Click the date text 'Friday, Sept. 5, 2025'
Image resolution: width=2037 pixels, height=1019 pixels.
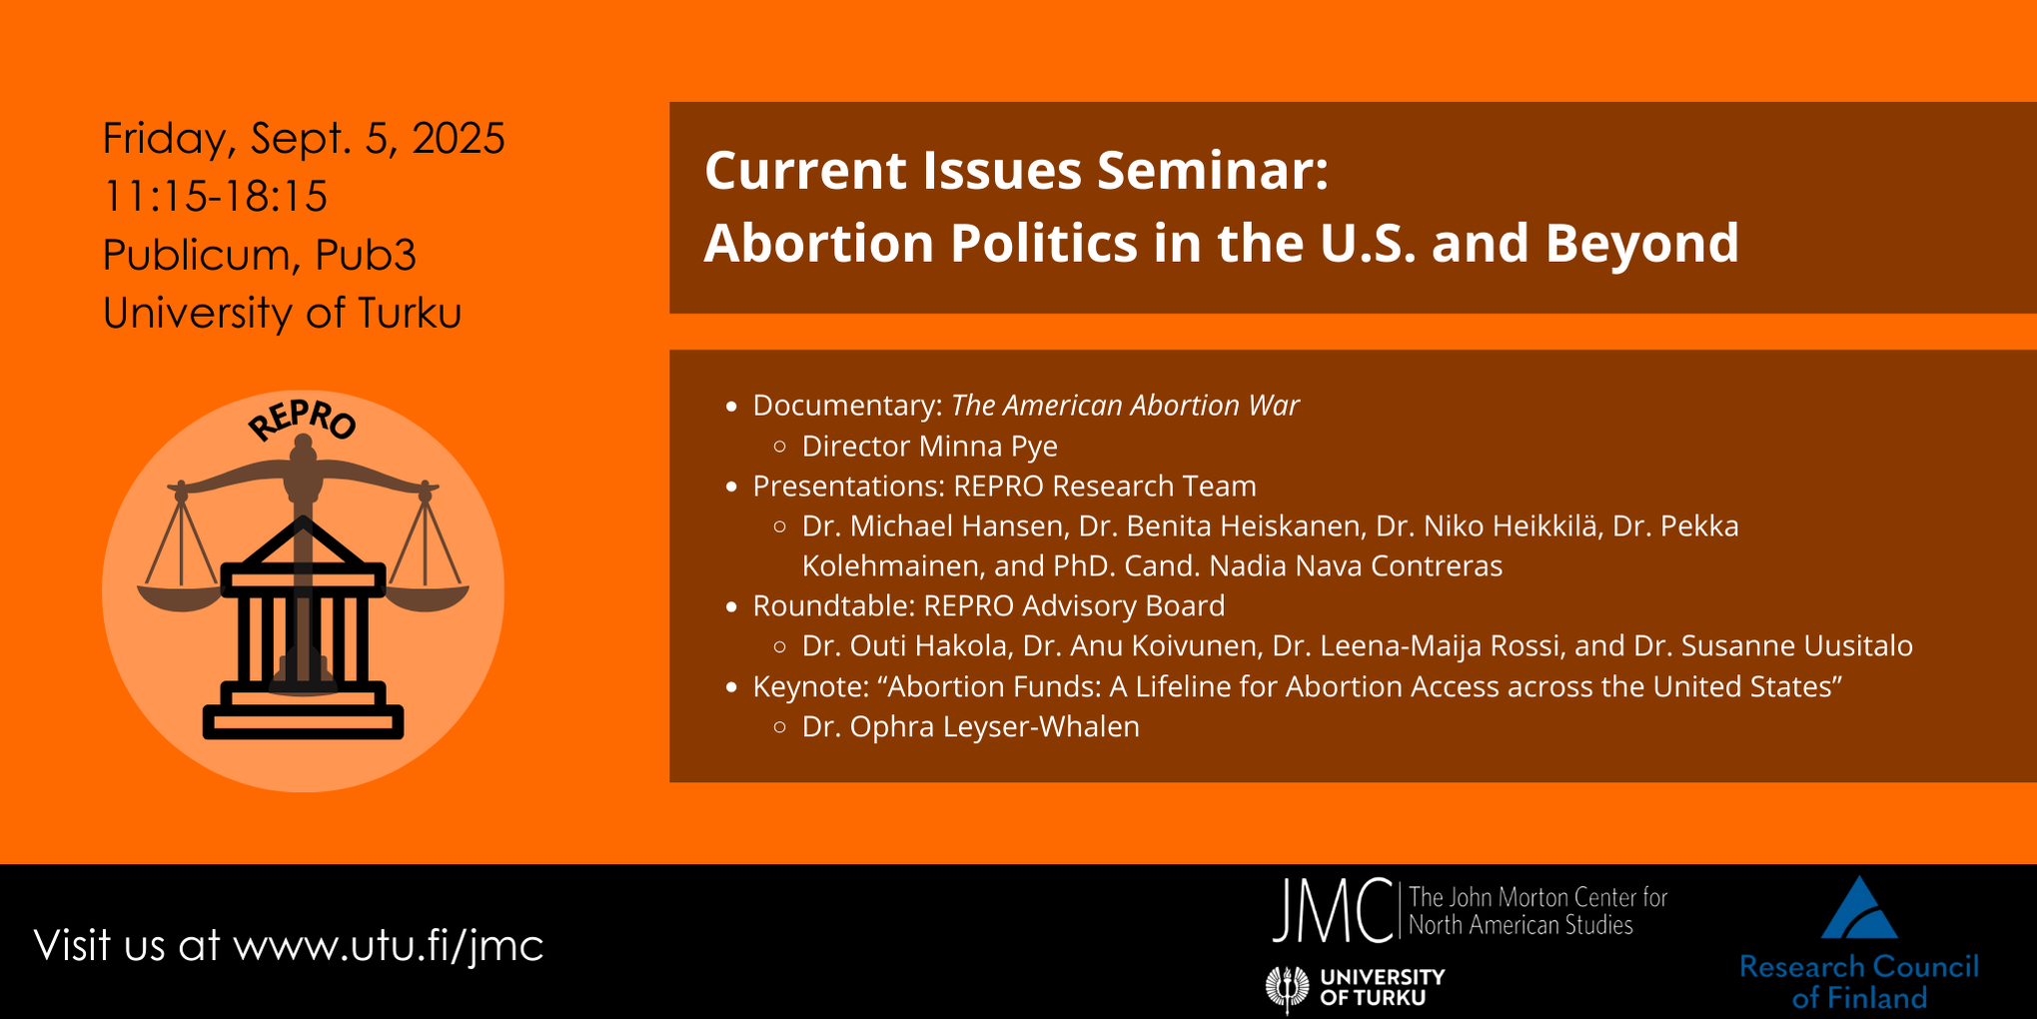(304, 138)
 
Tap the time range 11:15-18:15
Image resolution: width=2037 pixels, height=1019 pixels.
(215, 196)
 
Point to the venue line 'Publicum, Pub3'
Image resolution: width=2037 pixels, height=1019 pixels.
(260, 255)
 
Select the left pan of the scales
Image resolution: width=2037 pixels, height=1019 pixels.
(180, 597)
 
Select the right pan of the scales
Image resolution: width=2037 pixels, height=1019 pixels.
(427, 597)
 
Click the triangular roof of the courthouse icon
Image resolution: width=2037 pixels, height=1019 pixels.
(303, 544)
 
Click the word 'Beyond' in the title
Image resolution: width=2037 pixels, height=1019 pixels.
(1642, 243)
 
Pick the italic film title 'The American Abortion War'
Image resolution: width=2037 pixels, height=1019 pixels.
(1125, 405)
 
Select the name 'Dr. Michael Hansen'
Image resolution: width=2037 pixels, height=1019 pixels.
(932, 525)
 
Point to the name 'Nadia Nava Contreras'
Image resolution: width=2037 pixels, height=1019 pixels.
(1356, 565)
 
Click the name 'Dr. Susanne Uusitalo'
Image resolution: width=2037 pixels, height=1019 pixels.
(1773, 645)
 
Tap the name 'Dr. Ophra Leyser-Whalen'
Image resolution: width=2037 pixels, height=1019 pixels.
(970, 726)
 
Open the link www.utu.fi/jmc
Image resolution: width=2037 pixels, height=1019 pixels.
(388, 945)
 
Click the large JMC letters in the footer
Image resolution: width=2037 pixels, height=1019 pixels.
(1332, 910)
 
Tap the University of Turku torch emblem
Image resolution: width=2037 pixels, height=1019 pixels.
(1287, 988)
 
